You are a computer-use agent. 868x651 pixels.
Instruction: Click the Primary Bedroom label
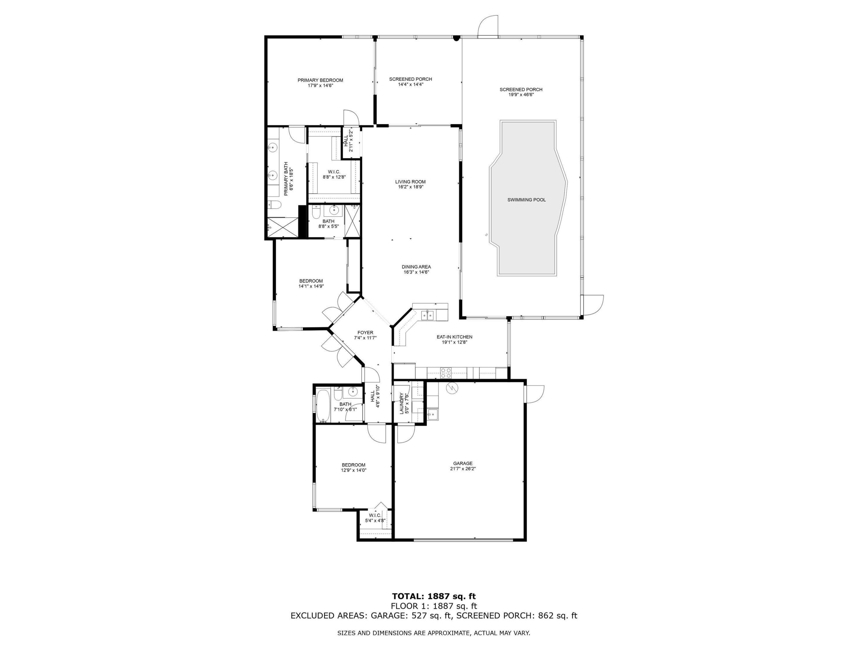coord(320,80)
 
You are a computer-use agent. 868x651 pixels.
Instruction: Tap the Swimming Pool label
coord(526,200)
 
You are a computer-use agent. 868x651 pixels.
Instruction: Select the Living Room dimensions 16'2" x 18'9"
coord(410,187)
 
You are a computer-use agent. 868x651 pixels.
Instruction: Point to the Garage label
coord(463,464)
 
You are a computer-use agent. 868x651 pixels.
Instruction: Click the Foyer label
coord(365,333)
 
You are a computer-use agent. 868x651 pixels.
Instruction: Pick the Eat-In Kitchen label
coord(454,337)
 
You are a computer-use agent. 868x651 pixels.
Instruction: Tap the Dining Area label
coord(416,267)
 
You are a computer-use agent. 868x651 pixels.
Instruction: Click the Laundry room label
coord(402,403)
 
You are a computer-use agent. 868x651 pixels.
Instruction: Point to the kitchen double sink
coord(428,315)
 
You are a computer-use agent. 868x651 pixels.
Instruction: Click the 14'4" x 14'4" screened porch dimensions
coord(410,84)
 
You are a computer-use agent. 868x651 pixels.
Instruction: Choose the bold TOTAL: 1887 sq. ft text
coord(434,597)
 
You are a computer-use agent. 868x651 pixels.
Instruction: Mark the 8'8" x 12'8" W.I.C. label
coord(334,174)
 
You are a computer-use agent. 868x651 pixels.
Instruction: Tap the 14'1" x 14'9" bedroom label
coord(311,283)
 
